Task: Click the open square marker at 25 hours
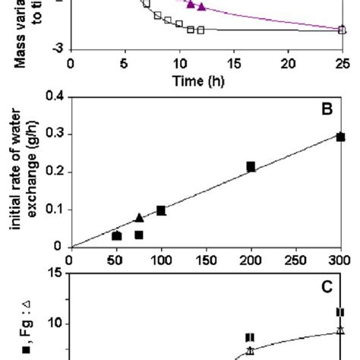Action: tap(341, 30)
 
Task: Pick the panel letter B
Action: tap(328, 108)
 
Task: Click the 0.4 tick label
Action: tap(54, 96)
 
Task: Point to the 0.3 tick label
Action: tap(54, 134)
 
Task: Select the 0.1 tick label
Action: tap(54, 210)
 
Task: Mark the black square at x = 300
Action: tap(341, 137)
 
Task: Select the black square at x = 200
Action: tap(251, 166)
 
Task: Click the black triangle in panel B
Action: tap(139, 218)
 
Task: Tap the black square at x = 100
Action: tap(161, 210)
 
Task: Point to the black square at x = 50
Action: tap(116, 236)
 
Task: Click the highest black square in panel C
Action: tap(340, 311)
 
